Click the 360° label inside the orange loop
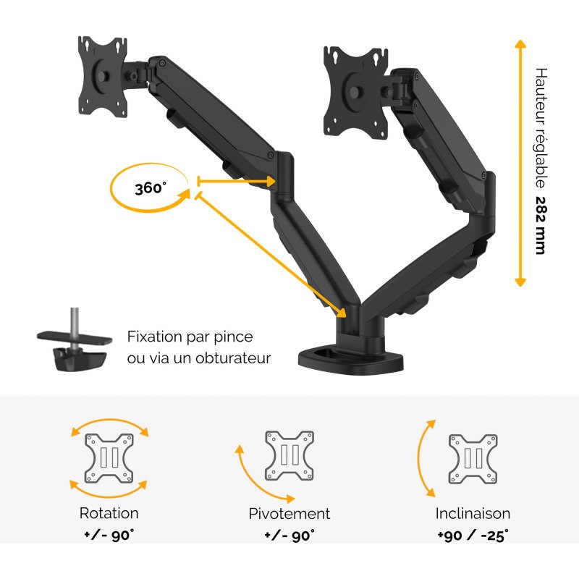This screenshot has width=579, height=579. (x=151, y=188)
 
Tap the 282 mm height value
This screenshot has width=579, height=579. (x=540, y=225)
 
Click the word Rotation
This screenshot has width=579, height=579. (x=109, y=513)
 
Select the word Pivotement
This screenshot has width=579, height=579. (x=289, y=514)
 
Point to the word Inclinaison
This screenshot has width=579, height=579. (x=473, y=513)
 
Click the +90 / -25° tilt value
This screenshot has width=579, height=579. (x=473, y=535)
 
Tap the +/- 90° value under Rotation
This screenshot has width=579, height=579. (x=109, y=535)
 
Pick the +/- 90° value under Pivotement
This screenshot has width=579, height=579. (x=289, y=535)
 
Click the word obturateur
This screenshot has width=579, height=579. (x=233, y=358)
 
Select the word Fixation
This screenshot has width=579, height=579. (x=154, y=337)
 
